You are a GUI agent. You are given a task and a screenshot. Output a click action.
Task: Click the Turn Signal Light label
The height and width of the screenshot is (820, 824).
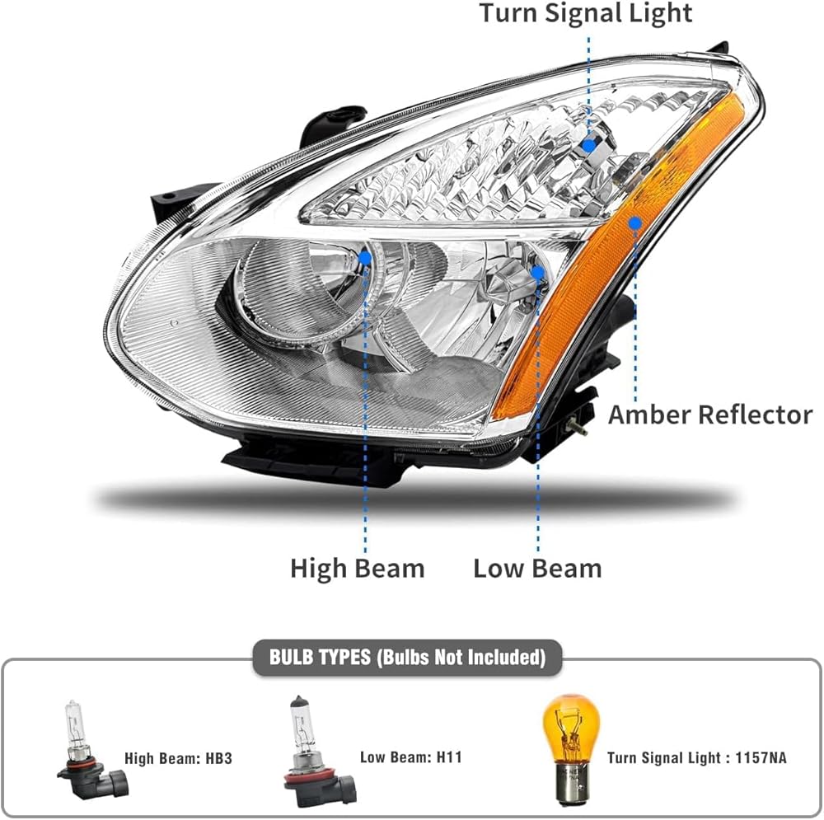586,13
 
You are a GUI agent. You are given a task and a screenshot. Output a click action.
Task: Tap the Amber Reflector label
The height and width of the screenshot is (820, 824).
709,415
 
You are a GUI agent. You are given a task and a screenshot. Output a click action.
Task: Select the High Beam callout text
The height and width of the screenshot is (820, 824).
357,568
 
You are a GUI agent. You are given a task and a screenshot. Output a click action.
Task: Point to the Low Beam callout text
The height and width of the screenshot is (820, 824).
537,568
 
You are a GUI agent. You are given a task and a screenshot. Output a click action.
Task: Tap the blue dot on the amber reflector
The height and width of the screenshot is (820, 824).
634,223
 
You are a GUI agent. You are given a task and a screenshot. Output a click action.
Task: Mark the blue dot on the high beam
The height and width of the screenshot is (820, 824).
365,258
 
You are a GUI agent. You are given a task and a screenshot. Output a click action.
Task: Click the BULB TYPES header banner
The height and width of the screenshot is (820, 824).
407,657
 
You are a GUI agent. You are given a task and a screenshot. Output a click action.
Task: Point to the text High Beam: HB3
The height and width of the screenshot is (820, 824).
178,757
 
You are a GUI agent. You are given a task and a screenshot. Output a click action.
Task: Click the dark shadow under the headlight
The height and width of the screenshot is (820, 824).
412,499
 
